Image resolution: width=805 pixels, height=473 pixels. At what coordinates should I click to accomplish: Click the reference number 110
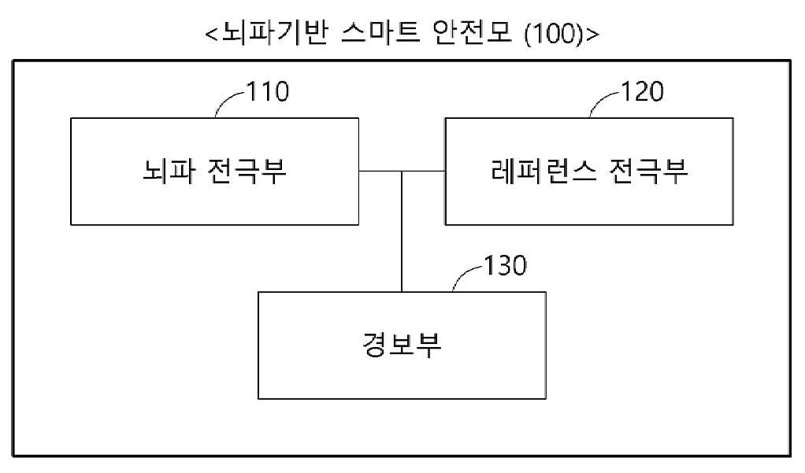click(268, 92)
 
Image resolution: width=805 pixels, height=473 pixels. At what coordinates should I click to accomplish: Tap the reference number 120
click(643, 92)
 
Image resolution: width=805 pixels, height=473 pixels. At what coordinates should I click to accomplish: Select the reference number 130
click(506, 266)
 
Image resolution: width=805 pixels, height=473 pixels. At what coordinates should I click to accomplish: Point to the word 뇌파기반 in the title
click(275, 33)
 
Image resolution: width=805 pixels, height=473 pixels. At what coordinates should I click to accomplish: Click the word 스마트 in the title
click(380, 33)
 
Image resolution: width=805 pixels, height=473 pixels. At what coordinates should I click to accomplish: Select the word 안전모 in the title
click(473, 33)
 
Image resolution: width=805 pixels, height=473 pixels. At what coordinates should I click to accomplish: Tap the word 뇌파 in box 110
click(169, 171)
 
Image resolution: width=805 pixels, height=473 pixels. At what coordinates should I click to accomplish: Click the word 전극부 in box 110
click(247, 171)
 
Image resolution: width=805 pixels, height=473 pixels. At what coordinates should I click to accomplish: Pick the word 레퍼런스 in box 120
click(543, 171)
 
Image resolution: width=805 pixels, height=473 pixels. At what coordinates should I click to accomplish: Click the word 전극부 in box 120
click(648, 171)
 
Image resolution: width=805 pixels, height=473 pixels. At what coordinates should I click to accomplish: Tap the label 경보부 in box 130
click(402, 345)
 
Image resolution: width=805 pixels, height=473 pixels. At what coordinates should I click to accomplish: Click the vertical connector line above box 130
click(402, 231)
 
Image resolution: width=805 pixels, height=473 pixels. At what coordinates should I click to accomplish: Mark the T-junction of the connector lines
click(402, 171)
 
